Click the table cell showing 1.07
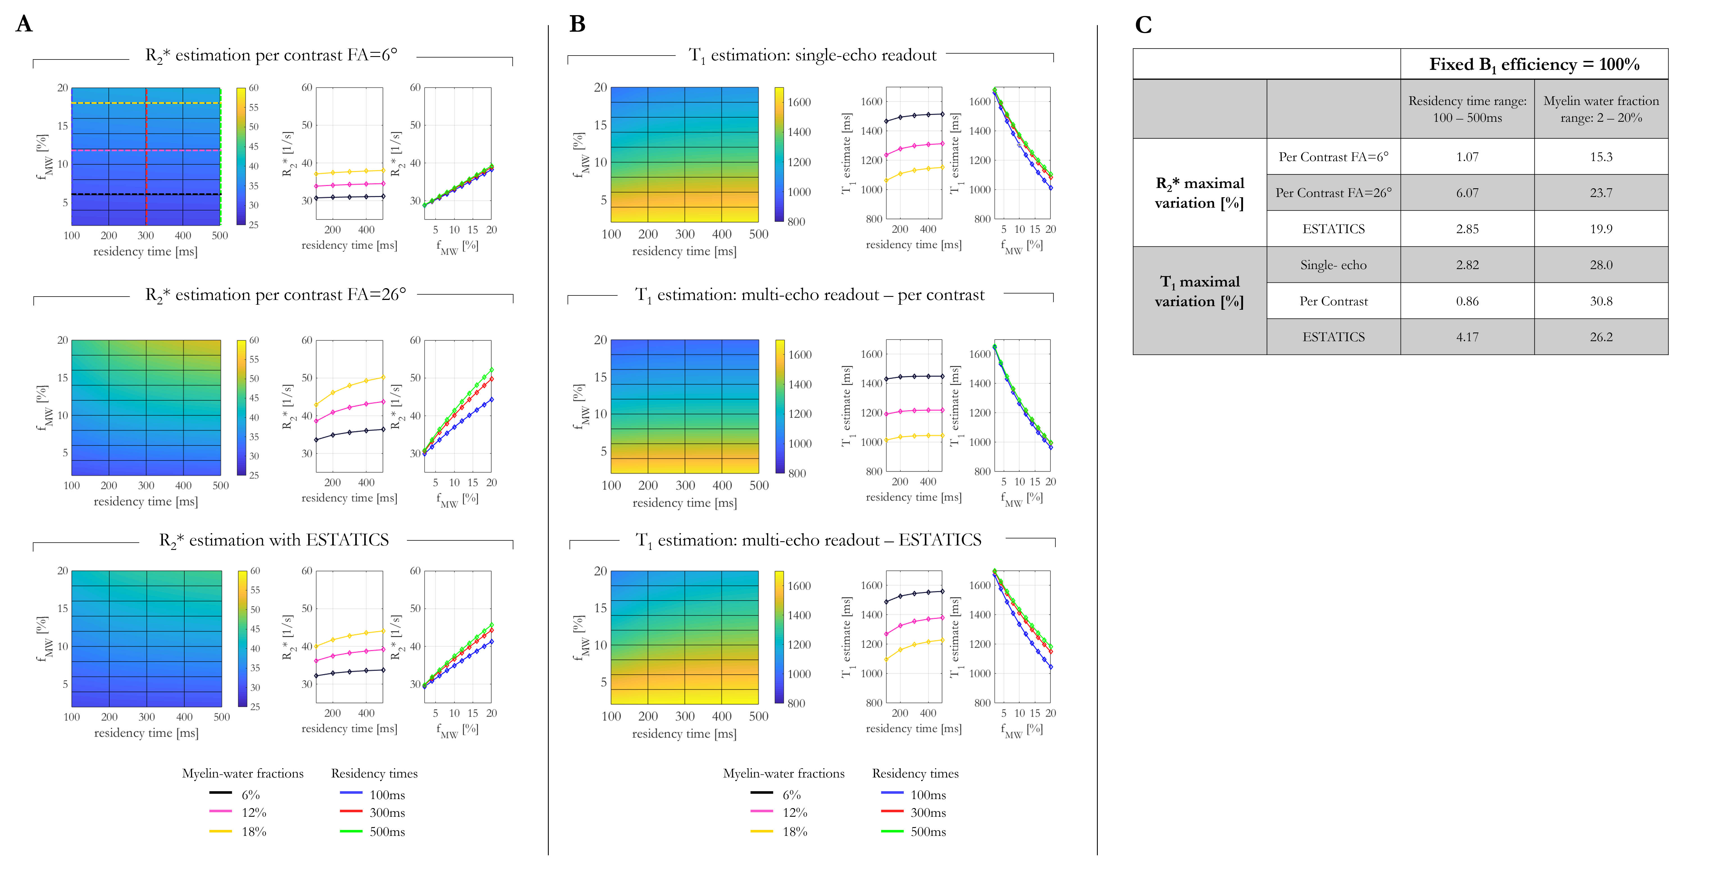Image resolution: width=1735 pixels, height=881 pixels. (1467, 157)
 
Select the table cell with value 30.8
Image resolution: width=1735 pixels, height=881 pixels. (1601, 301)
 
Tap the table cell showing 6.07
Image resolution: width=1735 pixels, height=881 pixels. (1467, 192)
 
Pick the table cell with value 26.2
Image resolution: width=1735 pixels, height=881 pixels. (1601, 336)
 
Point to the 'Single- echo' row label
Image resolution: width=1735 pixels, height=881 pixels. (1333, 265)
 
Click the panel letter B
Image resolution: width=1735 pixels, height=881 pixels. (577, 24)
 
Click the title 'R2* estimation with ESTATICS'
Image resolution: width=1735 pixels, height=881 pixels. (274, 540)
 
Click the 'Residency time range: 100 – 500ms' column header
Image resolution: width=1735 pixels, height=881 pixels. (1467, 109)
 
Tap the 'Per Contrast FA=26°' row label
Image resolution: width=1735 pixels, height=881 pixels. (1333, 192)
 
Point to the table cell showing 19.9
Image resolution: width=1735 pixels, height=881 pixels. (1601, 229)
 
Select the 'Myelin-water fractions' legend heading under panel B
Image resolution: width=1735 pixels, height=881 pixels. (783, 773)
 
